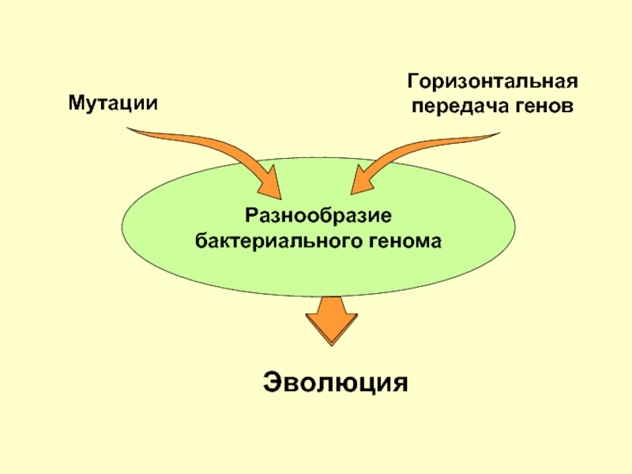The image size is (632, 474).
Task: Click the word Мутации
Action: pos(113,103)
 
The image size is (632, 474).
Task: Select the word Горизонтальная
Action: pos(492,82)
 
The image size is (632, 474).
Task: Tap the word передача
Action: pos(458,107)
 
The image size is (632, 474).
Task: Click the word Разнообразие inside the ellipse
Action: pos(318,216)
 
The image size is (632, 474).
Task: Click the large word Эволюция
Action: pos(335,382)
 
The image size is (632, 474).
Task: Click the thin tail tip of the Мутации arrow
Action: pos(127,128)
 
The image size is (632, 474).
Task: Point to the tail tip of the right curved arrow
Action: pos(500,132)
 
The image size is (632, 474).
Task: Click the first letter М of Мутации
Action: pos(77,103)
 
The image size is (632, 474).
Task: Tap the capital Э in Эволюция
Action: pos(272,382)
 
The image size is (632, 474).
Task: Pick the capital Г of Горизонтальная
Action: pos(414,81)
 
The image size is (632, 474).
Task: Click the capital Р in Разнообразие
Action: pos(252,215)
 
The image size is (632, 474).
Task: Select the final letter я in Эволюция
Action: pos(400,385)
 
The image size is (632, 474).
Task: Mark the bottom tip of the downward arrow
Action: pos(332,346)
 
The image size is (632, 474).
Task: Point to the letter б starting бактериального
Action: pos(201,241)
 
